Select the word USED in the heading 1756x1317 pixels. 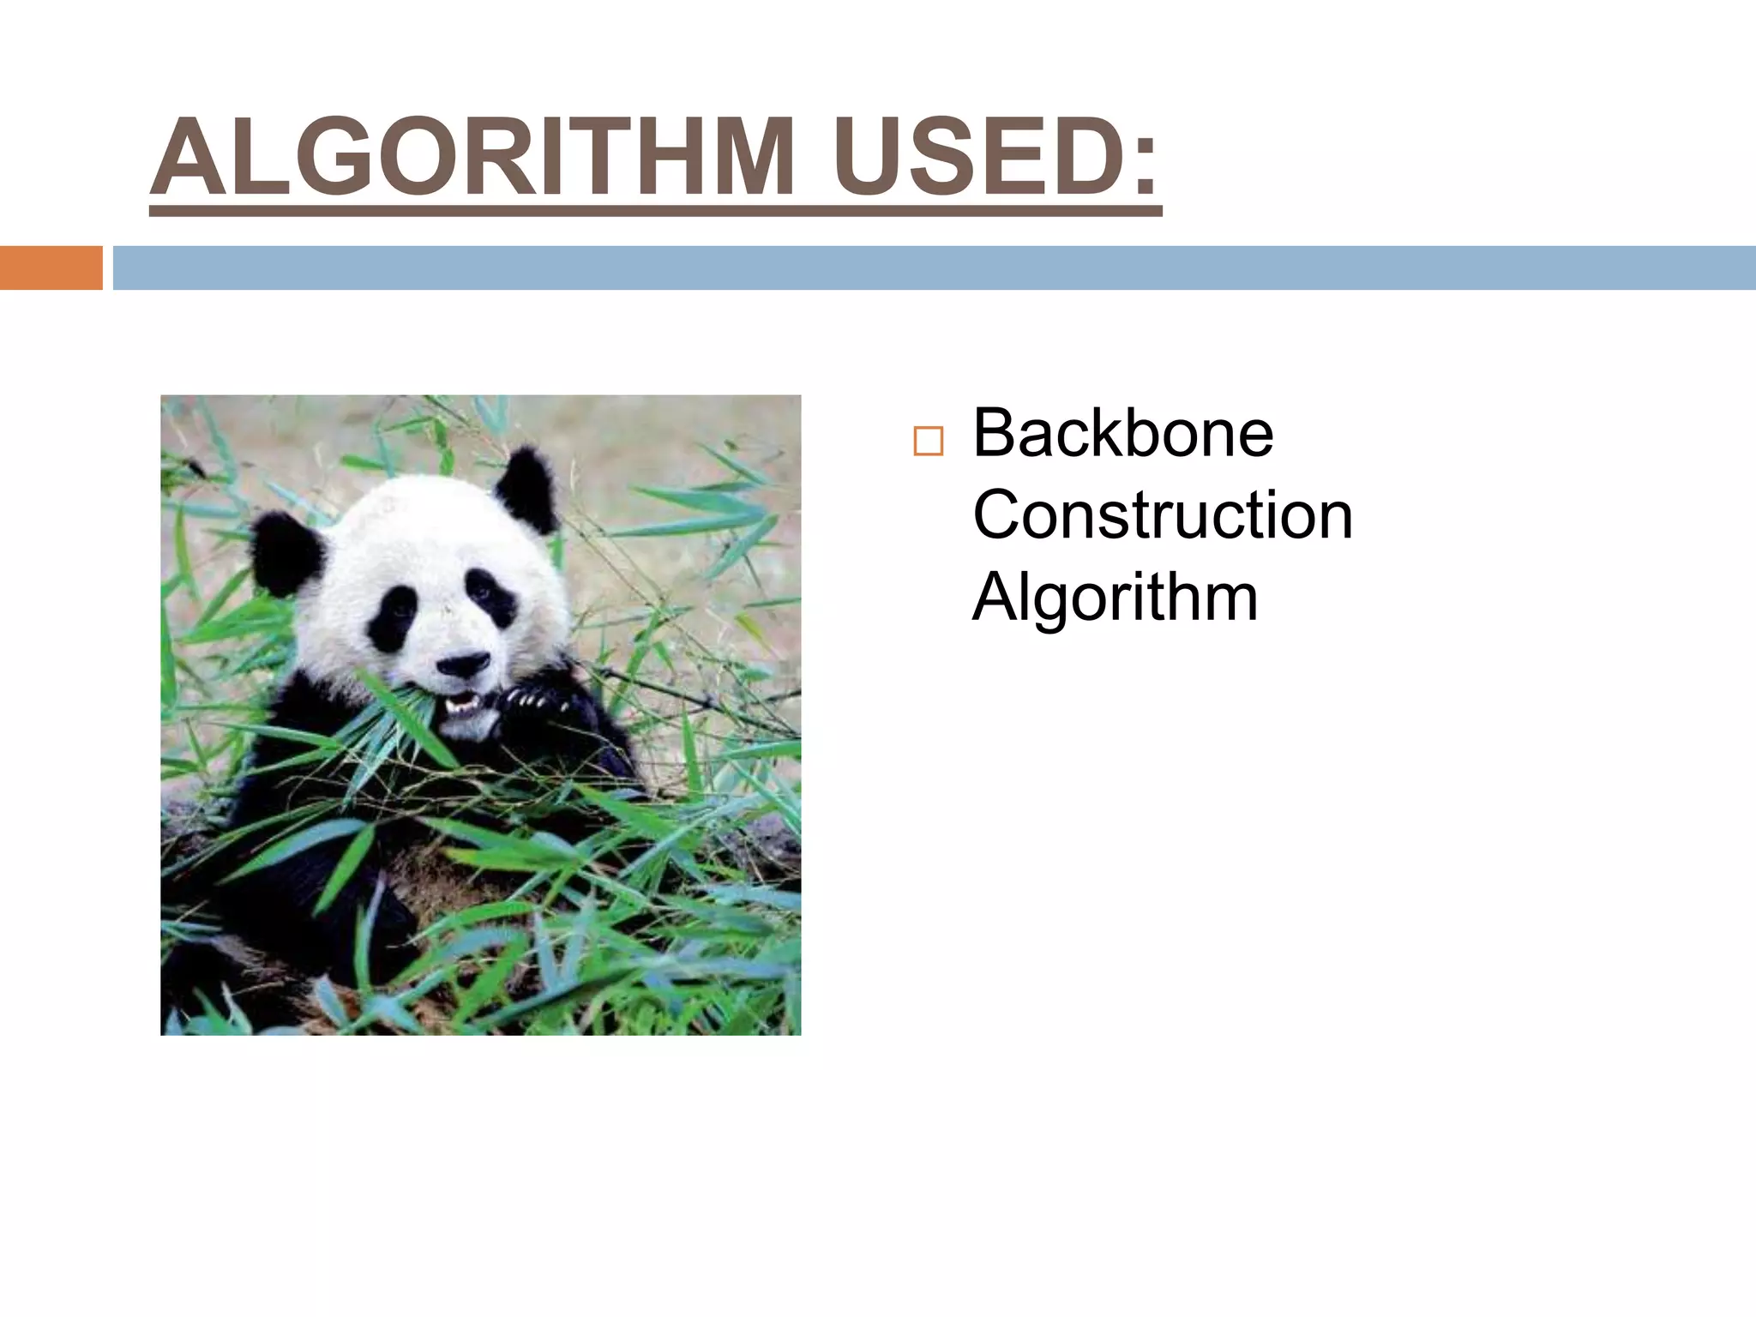point(965,158)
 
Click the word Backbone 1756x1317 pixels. point(1122,434)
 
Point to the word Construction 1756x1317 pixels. point(1163,516)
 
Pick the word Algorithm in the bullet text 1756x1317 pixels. point(1115,598)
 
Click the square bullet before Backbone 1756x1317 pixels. point(928,441)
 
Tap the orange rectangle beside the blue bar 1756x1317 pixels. point(51,268)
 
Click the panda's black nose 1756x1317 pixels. point(462,663)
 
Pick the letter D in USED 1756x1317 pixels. point(1075,158)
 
